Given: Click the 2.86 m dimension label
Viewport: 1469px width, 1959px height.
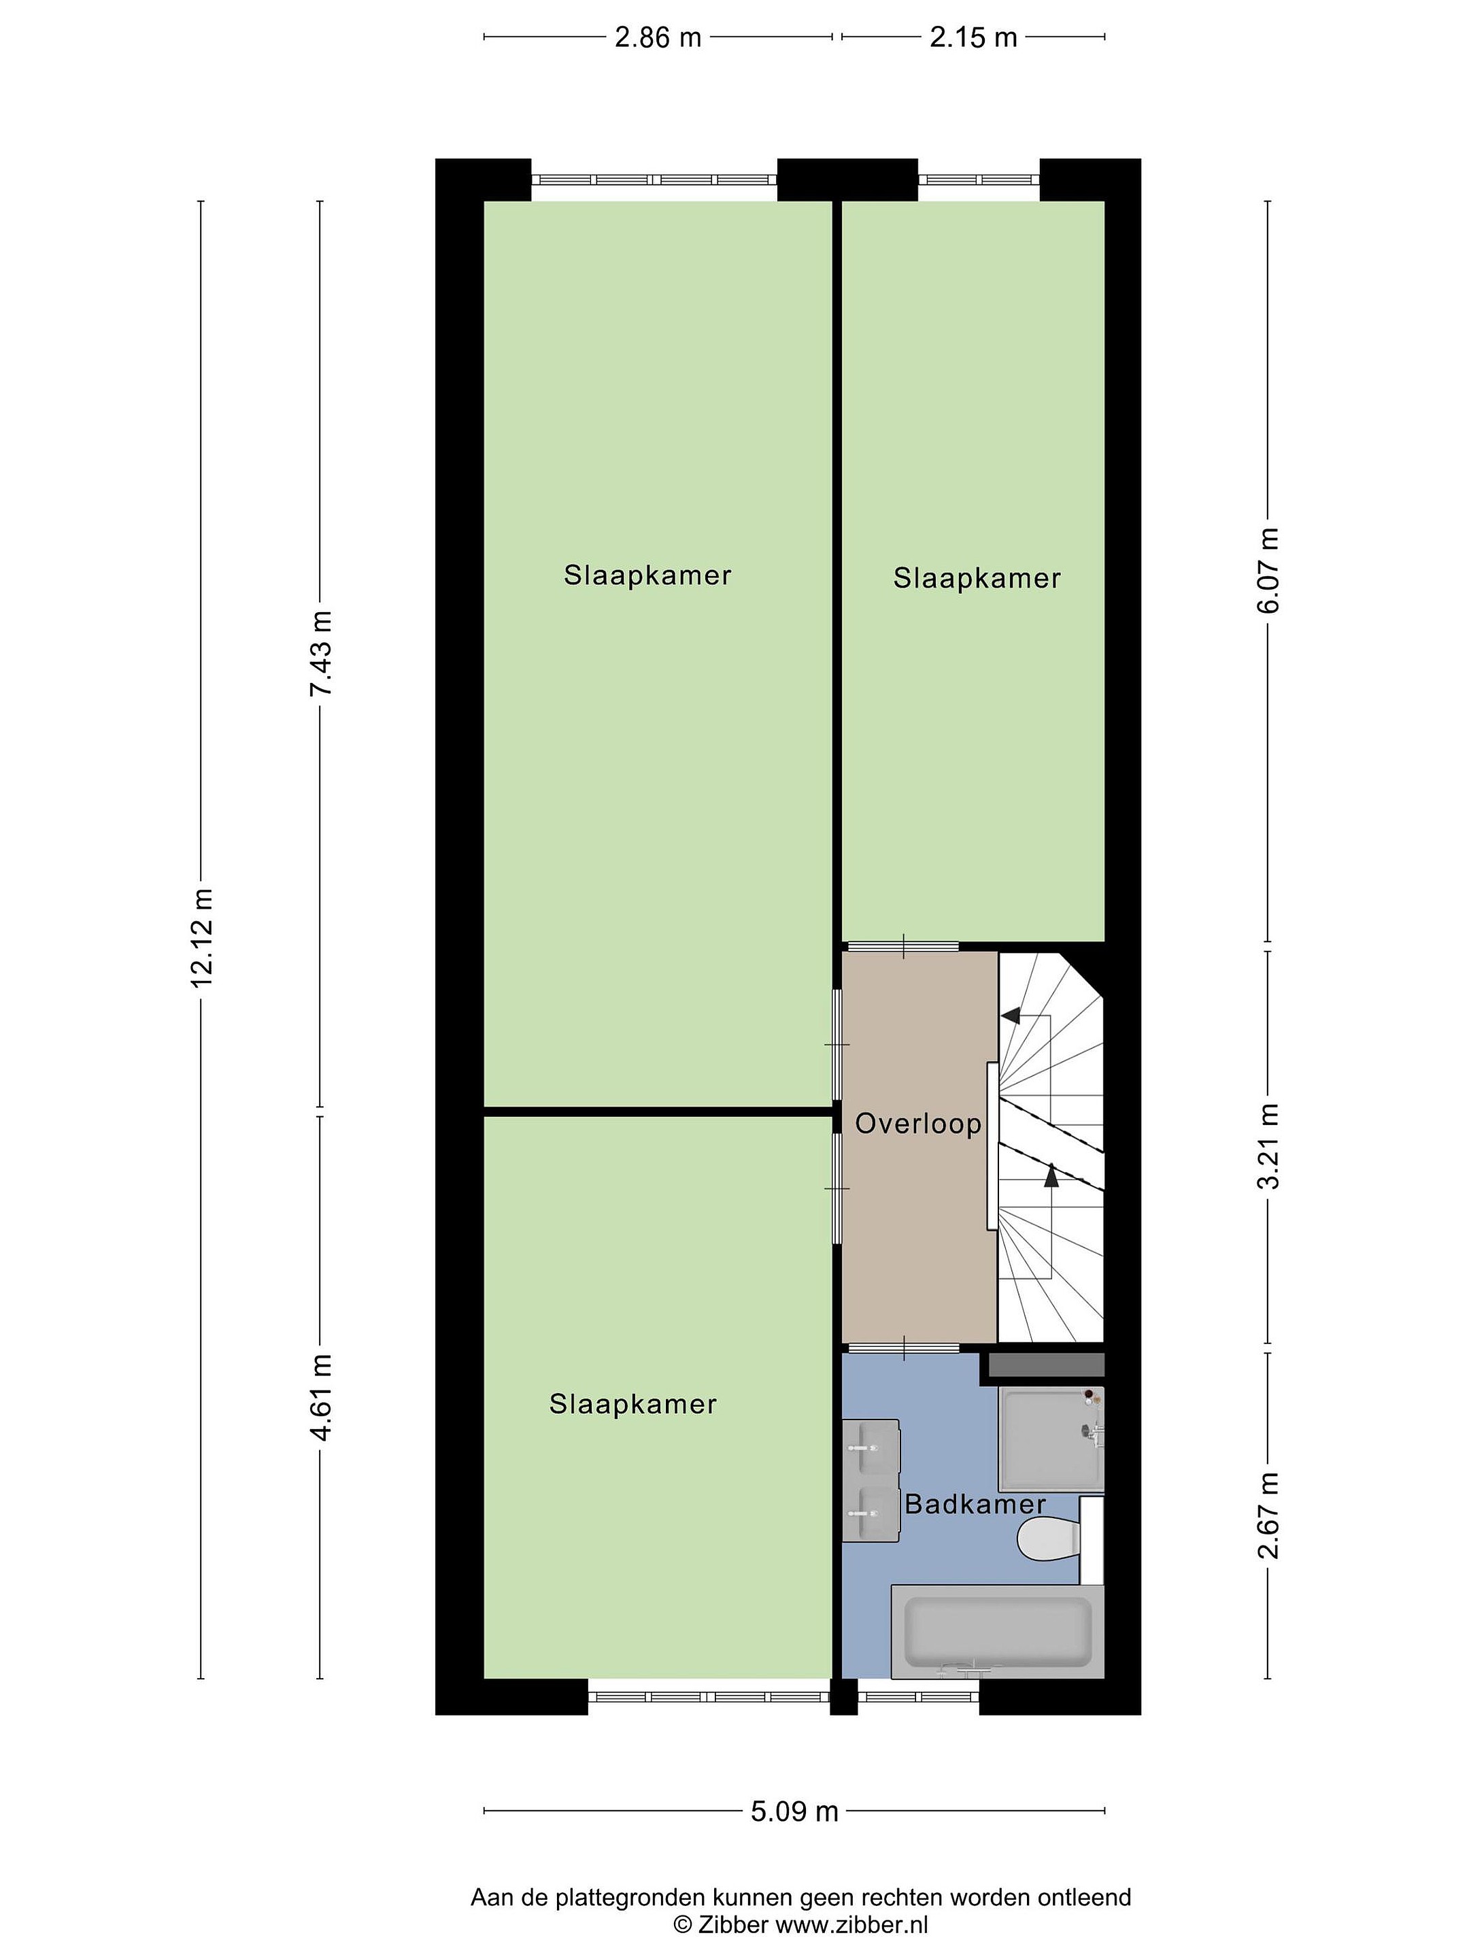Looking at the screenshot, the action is [658, 37].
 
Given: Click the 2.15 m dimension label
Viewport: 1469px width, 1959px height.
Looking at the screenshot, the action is [973, 37].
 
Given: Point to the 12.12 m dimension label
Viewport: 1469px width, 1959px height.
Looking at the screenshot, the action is [202, 937].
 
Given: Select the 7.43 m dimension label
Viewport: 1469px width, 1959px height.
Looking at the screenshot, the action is [322, 653].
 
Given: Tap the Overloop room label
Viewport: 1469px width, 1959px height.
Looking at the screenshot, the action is [918, 1124].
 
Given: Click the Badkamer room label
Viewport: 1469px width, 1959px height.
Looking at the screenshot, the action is [975, 1504].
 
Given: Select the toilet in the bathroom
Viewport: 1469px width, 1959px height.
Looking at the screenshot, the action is [1049, 1539].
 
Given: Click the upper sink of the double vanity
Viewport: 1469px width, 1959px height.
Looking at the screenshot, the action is [871, 1446].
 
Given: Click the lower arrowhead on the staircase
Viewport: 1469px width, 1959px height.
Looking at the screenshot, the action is [1051, 1176].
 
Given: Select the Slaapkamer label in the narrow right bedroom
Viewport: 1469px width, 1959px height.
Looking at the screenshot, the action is [976, 578].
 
